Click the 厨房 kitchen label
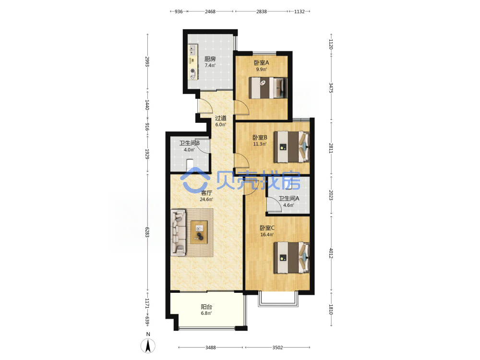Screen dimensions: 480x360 click(x=210, y=59)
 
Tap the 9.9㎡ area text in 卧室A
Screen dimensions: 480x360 click(x=262, y=70)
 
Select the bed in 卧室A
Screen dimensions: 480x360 click(x=268, y=88)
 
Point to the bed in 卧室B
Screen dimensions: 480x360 click(x=291, y=146)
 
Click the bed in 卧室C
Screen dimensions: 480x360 click(x=291, y=257)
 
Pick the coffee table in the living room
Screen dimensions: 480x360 click(x=199, y=232)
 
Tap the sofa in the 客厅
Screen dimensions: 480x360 click(x=179, y=232)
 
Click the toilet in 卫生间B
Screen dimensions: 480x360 click(x=190, y=165)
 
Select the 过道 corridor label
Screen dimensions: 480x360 click(x=220, y=118)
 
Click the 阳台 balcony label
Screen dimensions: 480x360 click(x=206, y=307)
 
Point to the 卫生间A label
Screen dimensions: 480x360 click(x=288, y=198)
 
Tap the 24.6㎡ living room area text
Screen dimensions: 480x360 click(x=206, y=200)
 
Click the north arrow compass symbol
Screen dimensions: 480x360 click(x=148, y=346)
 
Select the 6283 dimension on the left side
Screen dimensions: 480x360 click(x=147, y=232)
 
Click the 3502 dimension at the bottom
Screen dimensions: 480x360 click(x=277, y=348)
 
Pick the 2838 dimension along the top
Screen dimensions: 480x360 click(x=262, y=12)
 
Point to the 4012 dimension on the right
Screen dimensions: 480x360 click(x=331, y=253)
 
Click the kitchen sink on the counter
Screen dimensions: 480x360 click(x=192, y=49)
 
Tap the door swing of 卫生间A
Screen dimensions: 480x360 click(x=274, y=204)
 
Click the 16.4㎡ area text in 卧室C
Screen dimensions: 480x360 click(x=267, y=235)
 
